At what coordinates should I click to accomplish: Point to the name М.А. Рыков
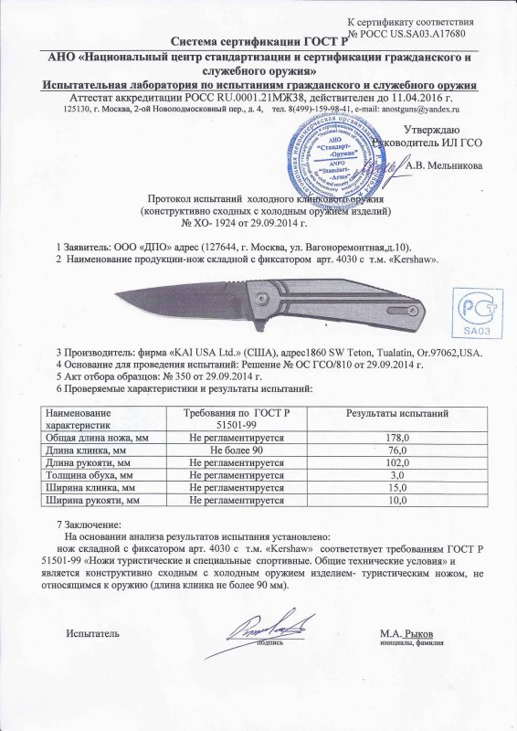coord(408,633)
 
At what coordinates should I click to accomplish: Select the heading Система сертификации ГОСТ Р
coord(259,42)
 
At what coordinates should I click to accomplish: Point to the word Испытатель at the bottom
coord(93,633)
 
